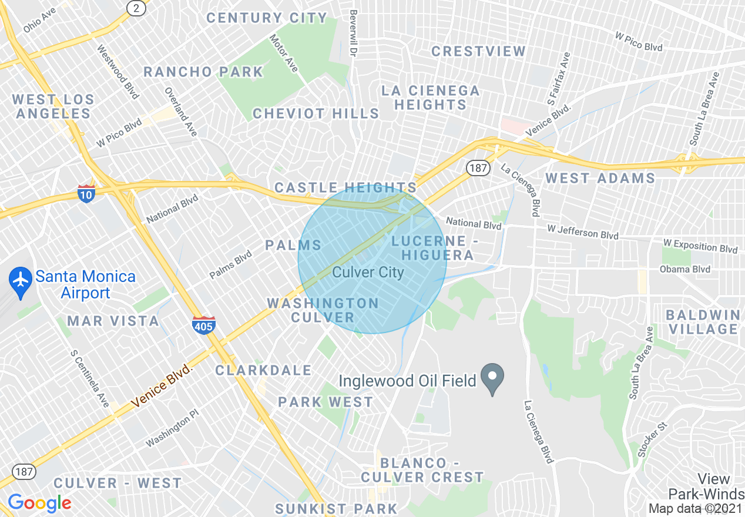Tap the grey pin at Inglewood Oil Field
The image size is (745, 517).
coord(492,374)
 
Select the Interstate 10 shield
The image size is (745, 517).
coord(86,193)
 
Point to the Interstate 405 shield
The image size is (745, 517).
coord(203,325)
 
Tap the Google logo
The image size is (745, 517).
coord(39,503)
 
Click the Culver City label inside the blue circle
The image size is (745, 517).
coord(368,272)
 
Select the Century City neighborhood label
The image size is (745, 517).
coord(266,18)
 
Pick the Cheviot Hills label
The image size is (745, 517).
coord(316,113)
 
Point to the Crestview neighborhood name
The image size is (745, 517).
coord(478,51)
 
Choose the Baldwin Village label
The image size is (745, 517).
coord(704,322)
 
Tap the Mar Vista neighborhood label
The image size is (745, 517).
coord(113,321)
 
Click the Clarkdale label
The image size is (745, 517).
coord(263,370)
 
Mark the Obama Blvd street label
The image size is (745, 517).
coord(684,269)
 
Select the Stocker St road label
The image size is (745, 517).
coord(653,439)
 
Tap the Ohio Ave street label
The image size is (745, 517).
coord(39,20)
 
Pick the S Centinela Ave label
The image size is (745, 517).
coord(89,379)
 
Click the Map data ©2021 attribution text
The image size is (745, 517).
coord(696,508)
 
